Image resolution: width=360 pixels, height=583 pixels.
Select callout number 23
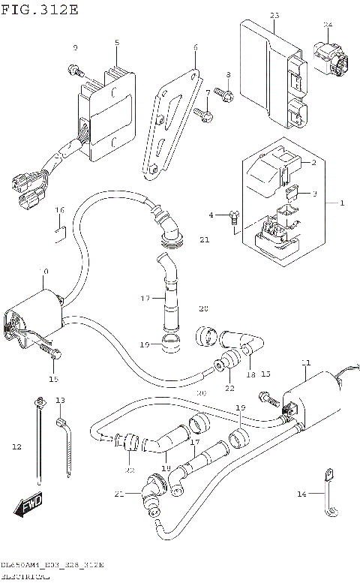[x=274, y=16]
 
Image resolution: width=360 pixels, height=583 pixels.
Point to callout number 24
[x=327, y=25]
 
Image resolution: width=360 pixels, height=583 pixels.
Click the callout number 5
[x=117, y=43]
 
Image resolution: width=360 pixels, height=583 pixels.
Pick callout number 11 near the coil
[x=305, y=363]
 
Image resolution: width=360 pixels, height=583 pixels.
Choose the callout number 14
[x=302, y=494]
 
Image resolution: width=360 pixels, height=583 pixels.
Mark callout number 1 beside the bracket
[x=343, y=203]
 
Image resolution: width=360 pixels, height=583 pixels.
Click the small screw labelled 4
[x=234, y=218]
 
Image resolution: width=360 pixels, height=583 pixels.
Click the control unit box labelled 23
[x=274, y=75]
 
